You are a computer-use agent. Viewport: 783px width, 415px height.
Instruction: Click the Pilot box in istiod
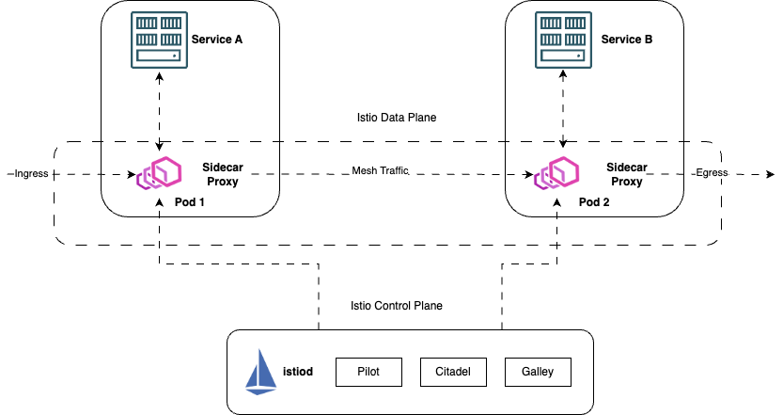pos(368,372)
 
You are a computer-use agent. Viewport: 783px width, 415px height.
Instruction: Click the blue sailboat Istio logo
pos(263,371)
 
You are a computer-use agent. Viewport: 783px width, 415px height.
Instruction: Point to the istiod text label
pos(298,372)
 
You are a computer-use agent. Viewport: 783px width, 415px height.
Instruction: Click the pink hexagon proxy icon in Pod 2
pos(558,174)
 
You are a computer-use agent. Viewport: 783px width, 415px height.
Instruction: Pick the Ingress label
pos(31,174)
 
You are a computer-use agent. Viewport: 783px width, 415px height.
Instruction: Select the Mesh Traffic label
pos(382,171)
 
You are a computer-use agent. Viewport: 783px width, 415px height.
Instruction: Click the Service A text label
pos(217,40)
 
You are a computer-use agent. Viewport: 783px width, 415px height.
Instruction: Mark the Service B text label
pos(626,40)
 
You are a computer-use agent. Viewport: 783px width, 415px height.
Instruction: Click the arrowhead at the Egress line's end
pos(770,174)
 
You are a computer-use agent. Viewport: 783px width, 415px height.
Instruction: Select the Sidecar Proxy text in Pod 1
pos(221,173)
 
